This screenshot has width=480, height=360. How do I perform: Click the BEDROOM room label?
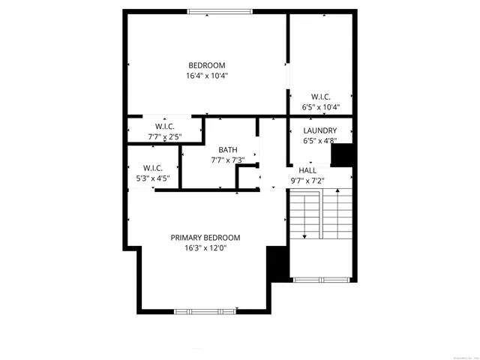click(206, 65)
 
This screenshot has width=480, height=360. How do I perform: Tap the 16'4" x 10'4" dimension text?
click(206, 76)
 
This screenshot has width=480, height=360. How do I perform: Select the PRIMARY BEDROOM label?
click(205, 238)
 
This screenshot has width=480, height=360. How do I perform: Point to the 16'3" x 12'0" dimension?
click(205, 248)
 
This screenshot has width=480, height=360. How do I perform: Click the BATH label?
click(228, 150)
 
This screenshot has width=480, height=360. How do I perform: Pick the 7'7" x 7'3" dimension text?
click(228, 160)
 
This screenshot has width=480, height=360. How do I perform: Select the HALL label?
click(307, 171)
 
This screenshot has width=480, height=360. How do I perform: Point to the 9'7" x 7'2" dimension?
click(307, 181)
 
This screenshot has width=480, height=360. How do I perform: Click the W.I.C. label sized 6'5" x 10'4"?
click(321, 97)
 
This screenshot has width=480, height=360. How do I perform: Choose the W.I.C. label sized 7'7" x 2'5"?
click(165, 126)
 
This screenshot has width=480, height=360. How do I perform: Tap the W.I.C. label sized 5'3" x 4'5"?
click(152, 168)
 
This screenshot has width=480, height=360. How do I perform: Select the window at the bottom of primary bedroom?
click(209, 310)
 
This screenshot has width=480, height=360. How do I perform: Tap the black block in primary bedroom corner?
click(277, 263)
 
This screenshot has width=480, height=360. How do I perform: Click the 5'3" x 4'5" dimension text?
click(152, 178)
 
